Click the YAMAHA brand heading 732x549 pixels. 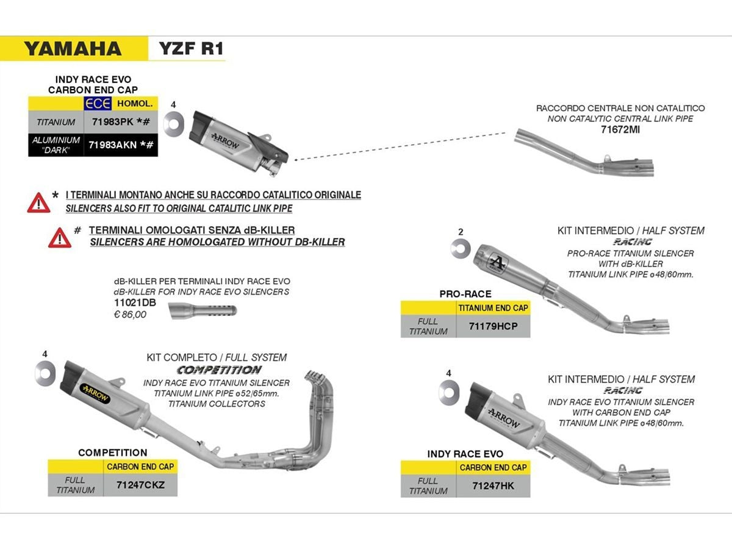[x=73, y=49]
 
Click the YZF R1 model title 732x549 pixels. [x=191, y=49]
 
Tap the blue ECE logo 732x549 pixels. [x=97, y=103]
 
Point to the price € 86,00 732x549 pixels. [x=131, y=314]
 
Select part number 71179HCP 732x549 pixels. [x=493, y=326]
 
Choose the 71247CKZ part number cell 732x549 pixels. [x=140, y=486]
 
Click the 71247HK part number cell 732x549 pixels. [x=493, y=486]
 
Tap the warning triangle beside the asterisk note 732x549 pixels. [x=39, y=202]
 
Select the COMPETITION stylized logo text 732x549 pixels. [x=218, y=370]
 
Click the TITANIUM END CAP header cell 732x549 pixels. [x=493, y=308]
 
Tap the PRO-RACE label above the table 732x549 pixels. [x=465, y=293]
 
